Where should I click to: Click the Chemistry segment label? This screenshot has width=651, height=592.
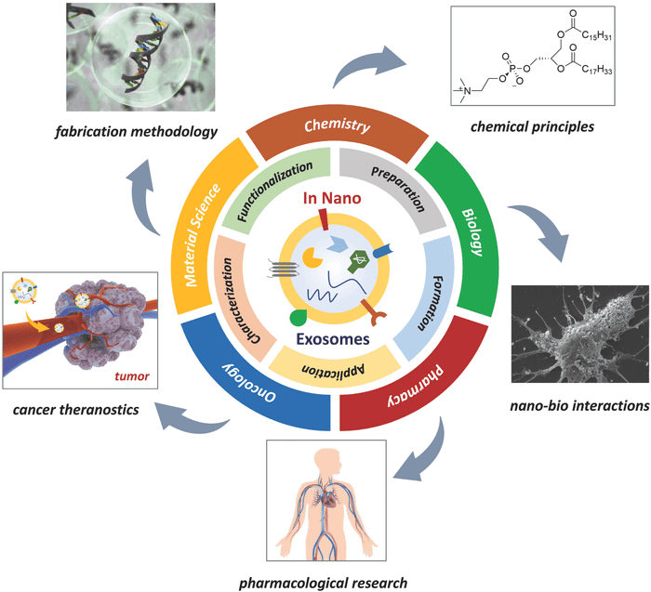tap(337, 125)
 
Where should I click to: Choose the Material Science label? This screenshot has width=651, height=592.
tap(202, 235)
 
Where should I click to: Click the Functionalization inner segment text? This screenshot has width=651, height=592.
tap(275, 191)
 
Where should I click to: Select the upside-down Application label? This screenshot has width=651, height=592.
tap(333, 369)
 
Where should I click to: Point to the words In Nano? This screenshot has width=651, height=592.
tap(332, 198)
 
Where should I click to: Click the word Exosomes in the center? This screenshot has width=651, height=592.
tap(333, 339)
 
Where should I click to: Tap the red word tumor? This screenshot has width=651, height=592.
tap(132, 376)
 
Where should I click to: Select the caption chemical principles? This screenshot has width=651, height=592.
tap(532, 126)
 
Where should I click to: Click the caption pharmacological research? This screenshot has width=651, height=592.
tap(323, 583)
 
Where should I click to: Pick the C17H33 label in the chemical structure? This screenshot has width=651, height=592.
tap(597, 70)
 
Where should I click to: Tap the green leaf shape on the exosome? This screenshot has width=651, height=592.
tap(298, 318)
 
